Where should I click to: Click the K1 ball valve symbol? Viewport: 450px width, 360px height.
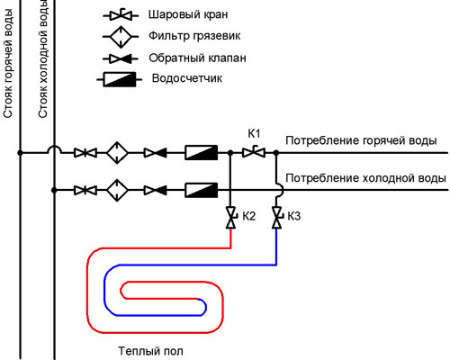click(254, 152)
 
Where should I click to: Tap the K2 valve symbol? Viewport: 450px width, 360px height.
click(230, 218)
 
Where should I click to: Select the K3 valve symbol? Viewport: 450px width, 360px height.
click(276, 218)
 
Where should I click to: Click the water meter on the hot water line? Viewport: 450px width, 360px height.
click(201, 152)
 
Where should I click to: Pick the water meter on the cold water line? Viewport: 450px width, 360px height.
click(201, 190)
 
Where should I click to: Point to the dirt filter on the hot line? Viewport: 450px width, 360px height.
click(117, 153)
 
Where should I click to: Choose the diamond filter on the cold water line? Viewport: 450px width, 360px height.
click(117, 190)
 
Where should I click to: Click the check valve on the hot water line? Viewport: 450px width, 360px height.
click(156, 153)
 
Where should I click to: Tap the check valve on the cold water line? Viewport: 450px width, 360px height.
click(156, 190)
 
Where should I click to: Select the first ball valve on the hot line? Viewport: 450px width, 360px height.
click(85, 153)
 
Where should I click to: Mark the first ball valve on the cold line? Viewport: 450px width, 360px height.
click(85, 190)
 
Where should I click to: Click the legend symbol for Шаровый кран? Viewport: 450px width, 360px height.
click(121, 15)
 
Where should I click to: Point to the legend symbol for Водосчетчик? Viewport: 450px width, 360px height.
click(120, 79)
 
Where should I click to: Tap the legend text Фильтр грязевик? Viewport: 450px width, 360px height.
click(194, 36)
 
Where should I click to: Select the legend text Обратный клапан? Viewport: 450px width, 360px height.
click(197, 58)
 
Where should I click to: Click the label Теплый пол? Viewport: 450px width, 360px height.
click(150, 351)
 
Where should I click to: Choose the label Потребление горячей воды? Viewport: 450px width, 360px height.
click(361, 140)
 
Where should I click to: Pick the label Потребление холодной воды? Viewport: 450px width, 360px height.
click(365, 178)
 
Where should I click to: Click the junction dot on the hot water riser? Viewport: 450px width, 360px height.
click(20, 153)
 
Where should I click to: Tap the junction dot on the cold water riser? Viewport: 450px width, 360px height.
click(54, 190)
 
